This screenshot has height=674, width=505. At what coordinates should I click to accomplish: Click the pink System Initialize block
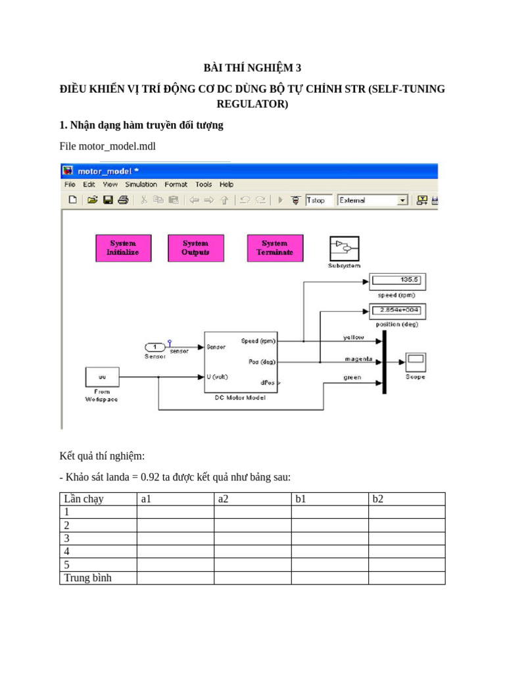click(x=124, y=247)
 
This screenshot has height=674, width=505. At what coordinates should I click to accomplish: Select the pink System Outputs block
click(x=195, y=247)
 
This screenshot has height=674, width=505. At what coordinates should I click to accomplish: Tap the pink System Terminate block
click(x=275, y=247)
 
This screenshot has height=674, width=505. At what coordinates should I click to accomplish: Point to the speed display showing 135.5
click(x=398, y=280)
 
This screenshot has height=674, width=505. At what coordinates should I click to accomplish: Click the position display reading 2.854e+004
click(x=398, y=310)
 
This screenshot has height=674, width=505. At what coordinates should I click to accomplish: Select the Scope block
click(x=416, y=362)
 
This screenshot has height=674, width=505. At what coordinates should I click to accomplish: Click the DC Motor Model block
click(x=241, y=361)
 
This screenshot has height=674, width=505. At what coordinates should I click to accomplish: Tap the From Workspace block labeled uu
click(x=103, y=377)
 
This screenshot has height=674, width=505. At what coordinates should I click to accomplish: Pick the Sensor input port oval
click(x=155, y=347)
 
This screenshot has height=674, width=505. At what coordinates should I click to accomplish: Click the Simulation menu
click(x=141, y=184)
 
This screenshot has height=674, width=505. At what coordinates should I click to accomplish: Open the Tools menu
click(x=203, y=184)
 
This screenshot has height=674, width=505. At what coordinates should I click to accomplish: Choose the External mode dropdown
click(x=373, y=200)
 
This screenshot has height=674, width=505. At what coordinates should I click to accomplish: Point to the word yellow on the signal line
click(x=353, y=337)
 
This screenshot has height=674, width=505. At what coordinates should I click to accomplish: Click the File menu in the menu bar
click(x=70, y=184)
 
